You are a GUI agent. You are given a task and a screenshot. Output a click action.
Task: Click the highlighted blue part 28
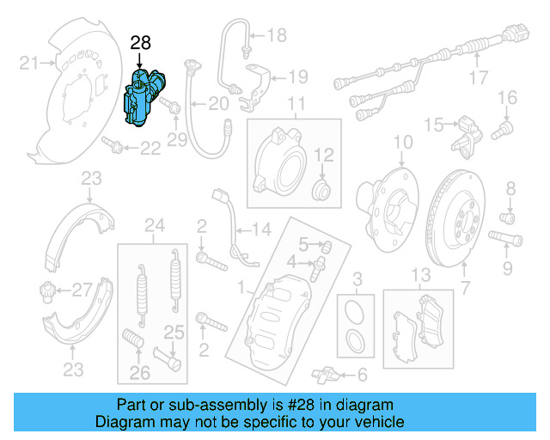(x=144, y=99)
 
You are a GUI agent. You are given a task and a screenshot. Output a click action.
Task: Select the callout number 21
(x=30, y=62)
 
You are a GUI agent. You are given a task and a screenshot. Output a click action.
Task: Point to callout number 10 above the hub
(x=403, y=141)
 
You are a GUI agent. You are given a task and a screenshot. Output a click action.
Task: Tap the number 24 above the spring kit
(x=154, y=227)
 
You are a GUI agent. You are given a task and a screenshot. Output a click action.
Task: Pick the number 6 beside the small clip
(x=361, y=375)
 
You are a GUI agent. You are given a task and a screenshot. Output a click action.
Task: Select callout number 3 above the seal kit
(x=357, y=277)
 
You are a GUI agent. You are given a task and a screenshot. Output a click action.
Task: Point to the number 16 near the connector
(x=506, y=96)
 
